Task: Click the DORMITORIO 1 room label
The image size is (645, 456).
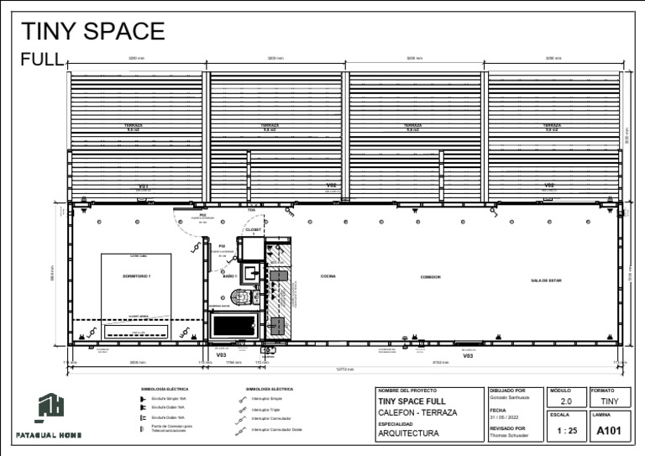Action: [x=136, y=275]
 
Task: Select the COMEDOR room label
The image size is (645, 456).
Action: [x=431, y=276]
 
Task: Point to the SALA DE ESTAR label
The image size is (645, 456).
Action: [x=546, y=280]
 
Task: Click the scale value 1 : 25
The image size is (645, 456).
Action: [x=567, y=432]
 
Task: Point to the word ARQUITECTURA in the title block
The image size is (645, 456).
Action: [x=409, y=434]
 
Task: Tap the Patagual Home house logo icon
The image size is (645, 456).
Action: [x=49, y=407]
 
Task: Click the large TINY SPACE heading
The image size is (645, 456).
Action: [x=92, y=31]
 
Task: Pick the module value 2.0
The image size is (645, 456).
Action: [x=566, y=402]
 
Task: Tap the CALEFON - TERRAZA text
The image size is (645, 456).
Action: [x=417, y=412]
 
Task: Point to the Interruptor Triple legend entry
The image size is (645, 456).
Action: [x=265, y=410]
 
